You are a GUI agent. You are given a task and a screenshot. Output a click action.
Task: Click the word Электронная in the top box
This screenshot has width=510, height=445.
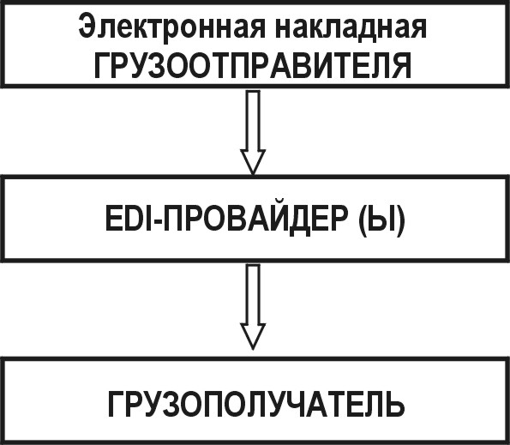[x=171, y=26]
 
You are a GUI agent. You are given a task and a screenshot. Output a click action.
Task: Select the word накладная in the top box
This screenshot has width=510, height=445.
[x=350, y=26]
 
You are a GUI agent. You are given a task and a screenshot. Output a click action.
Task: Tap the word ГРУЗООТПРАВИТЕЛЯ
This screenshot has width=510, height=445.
[x=253, y=65]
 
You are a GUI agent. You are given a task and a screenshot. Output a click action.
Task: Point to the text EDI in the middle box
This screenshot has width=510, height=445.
[x=129, y=219]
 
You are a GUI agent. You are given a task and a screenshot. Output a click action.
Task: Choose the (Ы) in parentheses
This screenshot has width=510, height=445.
[x=381, y=219]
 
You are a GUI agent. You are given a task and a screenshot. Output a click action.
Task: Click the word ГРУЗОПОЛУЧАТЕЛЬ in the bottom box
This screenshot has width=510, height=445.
[x=256, y=405]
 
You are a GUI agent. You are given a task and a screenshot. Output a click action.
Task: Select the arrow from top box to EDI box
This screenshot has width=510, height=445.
[x=253, y=132]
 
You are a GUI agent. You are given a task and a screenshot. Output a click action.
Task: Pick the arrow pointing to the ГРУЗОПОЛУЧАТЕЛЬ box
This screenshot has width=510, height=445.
[x=253, y=307]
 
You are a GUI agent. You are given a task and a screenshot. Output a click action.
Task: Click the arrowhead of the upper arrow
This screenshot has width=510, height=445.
[x=253, y=162]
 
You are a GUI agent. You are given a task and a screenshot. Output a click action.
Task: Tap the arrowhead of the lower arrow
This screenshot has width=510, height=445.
[x=253, y=336]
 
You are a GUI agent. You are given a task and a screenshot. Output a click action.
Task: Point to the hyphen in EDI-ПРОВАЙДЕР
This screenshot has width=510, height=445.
[x=159, y=222]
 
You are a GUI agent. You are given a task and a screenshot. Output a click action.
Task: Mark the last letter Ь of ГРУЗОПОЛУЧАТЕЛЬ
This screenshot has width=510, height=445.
[x=394, y=405]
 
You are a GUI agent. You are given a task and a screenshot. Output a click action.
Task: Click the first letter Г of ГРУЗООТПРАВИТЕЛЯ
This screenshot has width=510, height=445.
[x=102, y=66]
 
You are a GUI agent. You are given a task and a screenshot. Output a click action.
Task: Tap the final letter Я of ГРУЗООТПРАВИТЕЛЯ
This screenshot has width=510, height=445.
[x=401, y=66]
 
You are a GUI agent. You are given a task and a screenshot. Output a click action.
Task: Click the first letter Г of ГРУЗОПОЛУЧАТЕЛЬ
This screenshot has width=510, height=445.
[x=116, y=405]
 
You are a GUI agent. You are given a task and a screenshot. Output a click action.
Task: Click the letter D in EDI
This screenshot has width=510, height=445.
[x=135, y=219]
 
